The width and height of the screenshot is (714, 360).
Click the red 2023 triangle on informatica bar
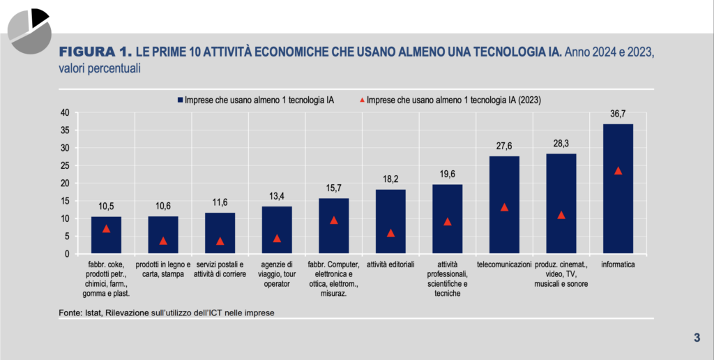pos(618,171)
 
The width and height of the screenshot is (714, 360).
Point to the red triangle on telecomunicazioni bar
pos(504,207)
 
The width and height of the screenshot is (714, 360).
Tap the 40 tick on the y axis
pos(64,112)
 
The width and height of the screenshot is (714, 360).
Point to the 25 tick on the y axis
pos(64,165)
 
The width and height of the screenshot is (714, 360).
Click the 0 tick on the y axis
pos(66,254)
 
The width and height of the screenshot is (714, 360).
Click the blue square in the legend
pos(180,100)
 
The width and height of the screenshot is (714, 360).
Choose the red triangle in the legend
pos(362,100)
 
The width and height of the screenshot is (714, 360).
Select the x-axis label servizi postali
pos(220,270)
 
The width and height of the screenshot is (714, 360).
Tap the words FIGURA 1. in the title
pos(95,52)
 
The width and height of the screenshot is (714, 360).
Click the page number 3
pos(697,338)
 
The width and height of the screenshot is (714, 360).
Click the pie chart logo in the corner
pos(29,29)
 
